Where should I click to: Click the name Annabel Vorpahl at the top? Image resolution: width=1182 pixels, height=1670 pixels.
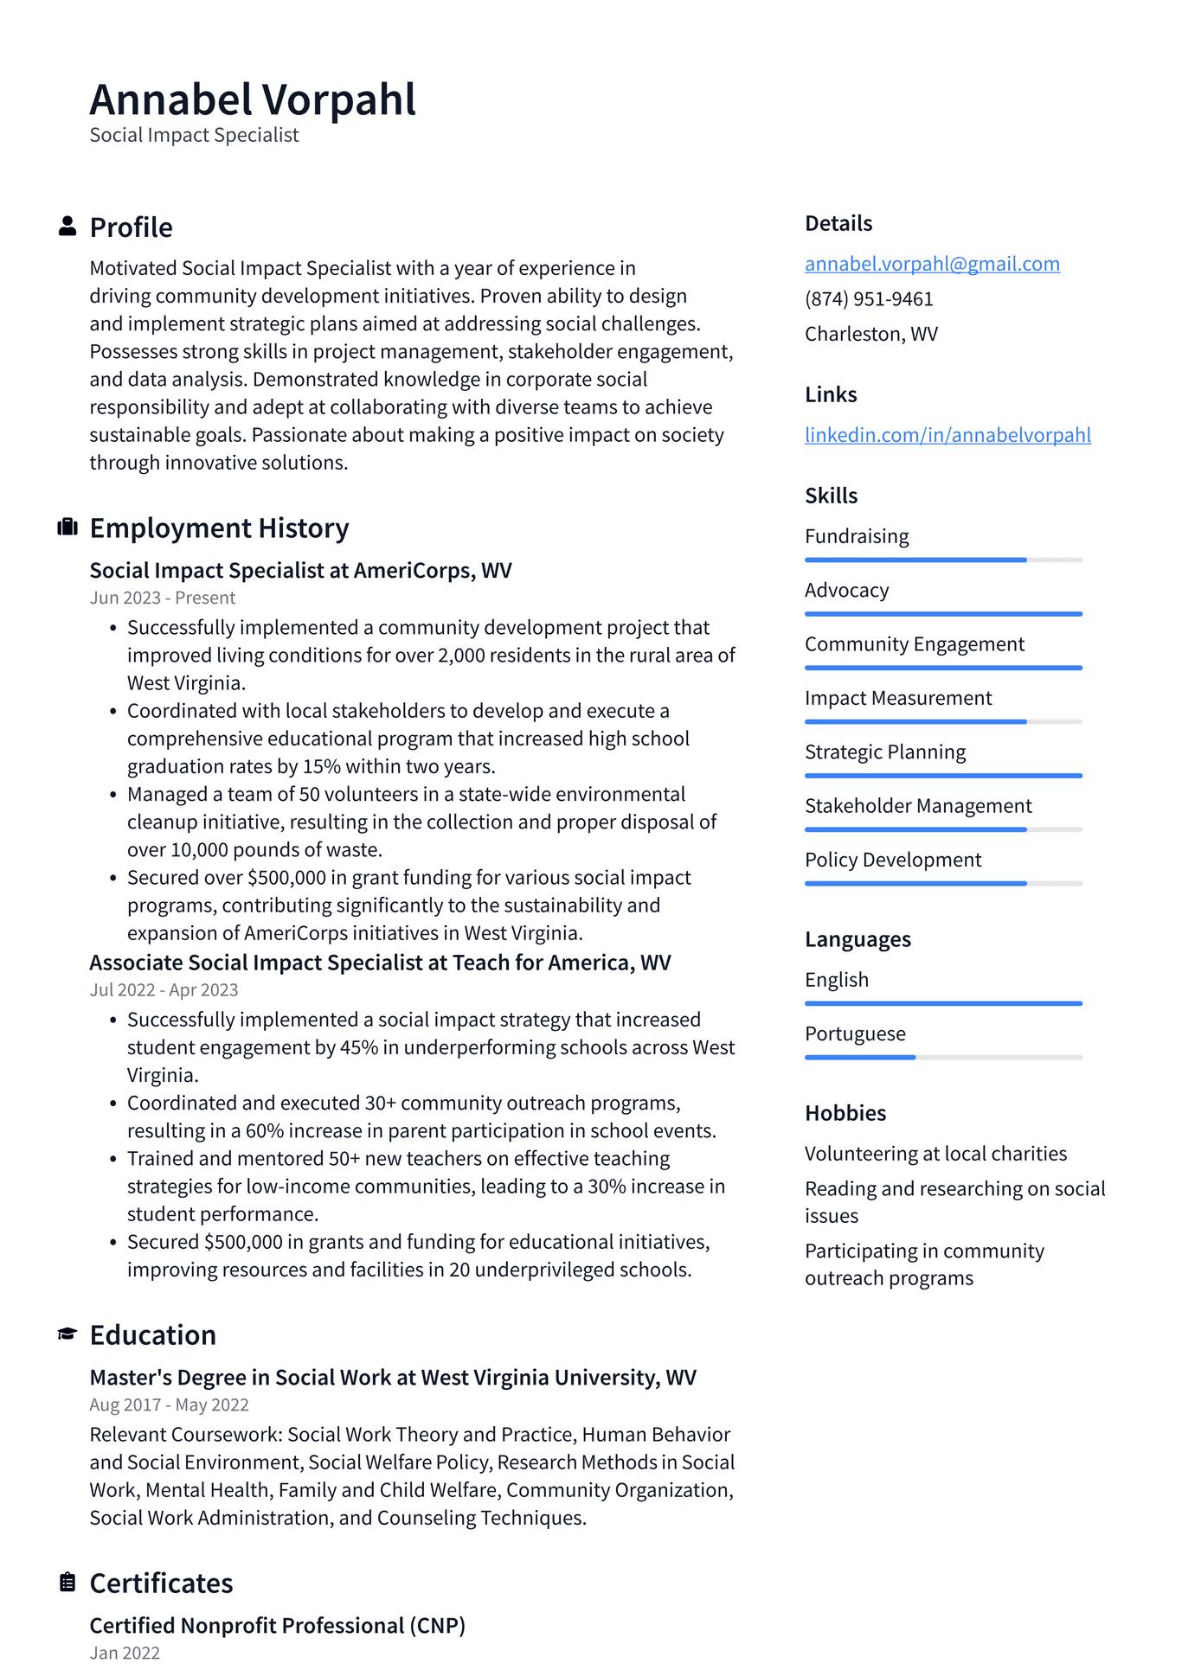coord(253,99)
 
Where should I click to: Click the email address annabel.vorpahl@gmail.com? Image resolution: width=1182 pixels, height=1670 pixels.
coord(932,264)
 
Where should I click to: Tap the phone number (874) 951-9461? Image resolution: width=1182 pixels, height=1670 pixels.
coord(869,299)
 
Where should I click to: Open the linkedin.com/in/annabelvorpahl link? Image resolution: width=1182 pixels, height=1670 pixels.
coord(948,435)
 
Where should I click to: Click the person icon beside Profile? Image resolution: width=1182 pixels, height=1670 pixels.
coord(67,227)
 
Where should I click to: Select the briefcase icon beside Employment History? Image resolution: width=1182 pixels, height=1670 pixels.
coord(67,528)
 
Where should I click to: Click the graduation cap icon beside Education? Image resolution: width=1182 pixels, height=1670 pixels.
coord(67,1334)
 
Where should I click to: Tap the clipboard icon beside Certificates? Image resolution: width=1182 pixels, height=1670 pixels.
coord(67,1583)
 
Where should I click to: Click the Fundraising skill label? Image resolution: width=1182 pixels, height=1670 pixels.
coord(857,536)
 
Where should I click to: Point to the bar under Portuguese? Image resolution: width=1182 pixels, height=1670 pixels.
coord(943,1057)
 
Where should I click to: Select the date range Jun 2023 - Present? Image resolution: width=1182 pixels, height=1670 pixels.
coord(163,598)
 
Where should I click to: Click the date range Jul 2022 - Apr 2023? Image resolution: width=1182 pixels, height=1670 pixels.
coord(164,990)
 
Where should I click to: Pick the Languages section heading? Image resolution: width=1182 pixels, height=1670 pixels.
coord(858,939)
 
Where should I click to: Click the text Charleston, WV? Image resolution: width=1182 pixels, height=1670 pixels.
coord(871,334)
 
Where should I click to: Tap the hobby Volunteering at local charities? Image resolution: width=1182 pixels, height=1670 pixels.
coord(935,1154)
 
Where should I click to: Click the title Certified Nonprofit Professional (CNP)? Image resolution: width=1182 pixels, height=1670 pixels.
coord(278,1626)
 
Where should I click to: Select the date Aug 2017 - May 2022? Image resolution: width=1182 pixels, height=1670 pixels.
coord(169,1405)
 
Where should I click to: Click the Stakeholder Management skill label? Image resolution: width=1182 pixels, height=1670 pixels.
coord(918,806)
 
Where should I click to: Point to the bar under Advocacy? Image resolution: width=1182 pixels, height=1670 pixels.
coord(943,614)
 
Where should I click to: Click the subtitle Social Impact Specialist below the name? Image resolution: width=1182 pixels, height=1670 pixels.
coord(194,135)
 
